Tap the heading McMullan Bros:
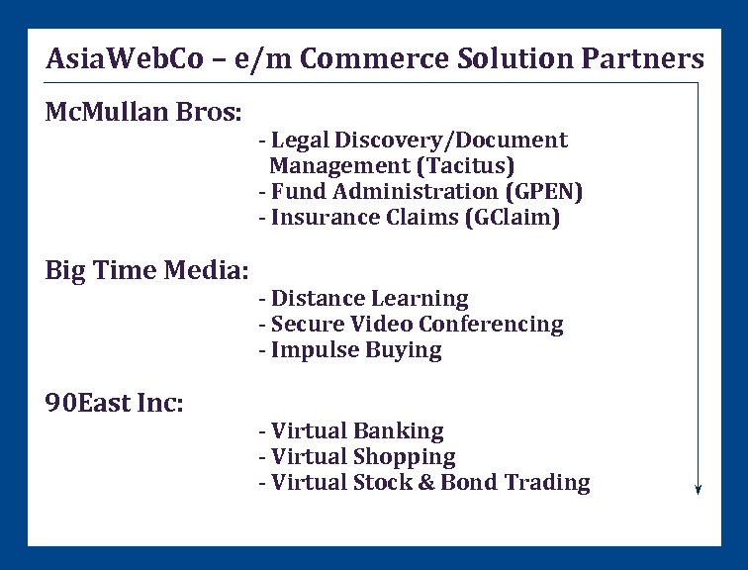click(x=143, y=112)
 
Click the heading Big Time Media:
click(x=146, y=270)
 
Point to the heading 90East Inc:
click(x=115, y=403)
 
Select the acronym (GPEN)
click(x=532, y=192)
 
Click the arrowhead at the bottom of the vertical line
click(x=699, y=489)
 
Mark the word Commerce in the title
click(x=360, y=58)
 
